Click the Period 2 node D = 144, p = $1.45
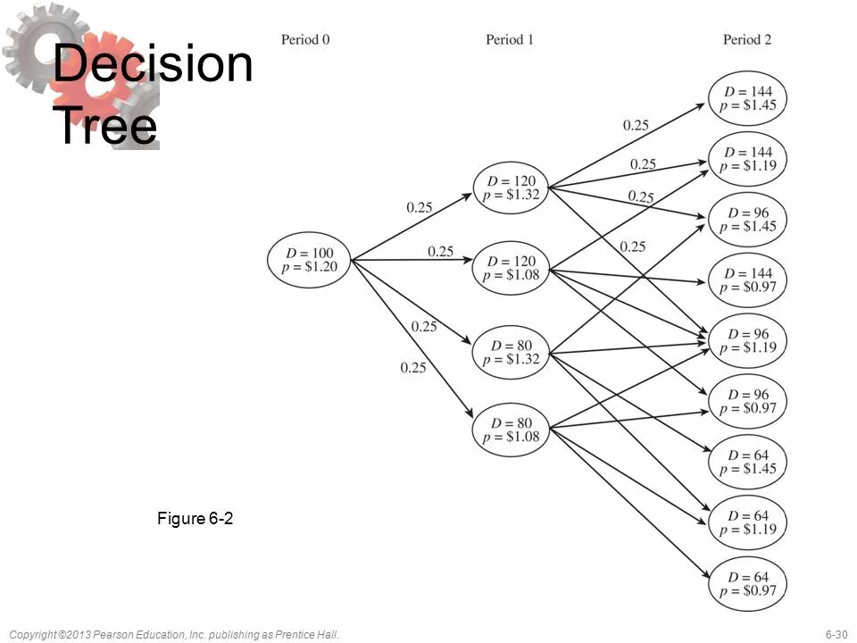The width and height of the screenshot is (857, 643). click(747, 98)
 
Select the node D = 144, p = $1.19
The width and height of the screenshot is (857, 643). click(747, 159)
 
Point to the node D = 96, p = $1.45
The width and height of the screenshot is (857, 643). click(747, 220)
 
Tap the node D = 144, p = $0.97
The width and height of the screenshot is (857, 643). click(747, 280)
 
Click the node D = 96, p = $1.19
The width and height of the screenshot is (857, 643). click(747, 341)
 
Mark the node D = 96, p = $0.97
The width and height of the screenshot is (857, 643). click(747, 402)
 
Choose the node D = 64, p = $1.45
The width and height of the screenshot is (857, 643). click(747, 462)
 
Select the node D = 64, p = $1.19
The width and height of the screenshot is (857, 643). click(747, 522)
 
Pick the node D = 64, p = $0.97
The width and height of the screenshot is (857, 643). click(747, 583)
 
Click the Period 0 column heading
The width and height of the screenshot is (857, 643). click(305, 39)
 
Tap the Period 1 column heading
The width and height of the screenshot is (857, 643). click(510, 39)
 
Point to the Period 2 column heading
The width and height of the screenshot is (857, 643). click(747, 39)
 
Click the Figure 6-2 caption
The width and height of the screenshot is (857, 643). click(195, 518)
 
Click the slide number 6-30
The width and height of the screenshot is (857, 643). click(836, 634)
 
